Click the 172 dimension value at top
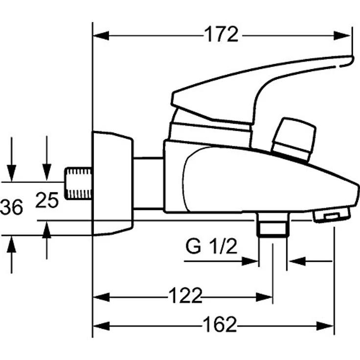click(x=222, y=35)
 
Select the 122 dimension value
click(x=185, y=296)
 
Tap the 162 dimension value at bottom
click(x=220, y=324)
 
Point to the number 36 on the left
click(x=11, y=207)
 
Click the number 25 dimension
click(x=47, y=200)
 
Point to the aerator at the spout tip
click(x=332, y=214)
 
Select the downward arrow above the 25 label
click(x=47, y=174)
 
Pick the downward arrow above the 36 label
click(x=11, y=174)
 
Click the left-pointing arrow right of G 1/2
click(x=295, y=261)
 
